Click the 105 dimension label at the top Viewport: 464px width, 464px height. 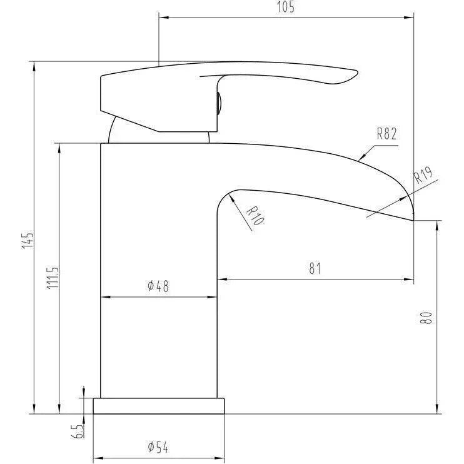click(286, 7)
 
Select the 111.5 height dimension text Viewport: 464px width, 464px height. click(53, 278)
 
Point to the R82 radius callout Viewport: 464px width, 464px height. click(386, 134)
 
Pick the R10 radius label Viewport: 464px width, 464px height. click(255, 215)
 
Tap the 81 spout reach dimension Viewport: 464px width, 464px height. click(315, 269)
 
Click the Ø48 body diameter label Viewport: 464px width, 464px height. click(158, 286)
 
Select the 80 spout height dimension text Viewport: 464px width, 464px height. click(426, 318)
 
